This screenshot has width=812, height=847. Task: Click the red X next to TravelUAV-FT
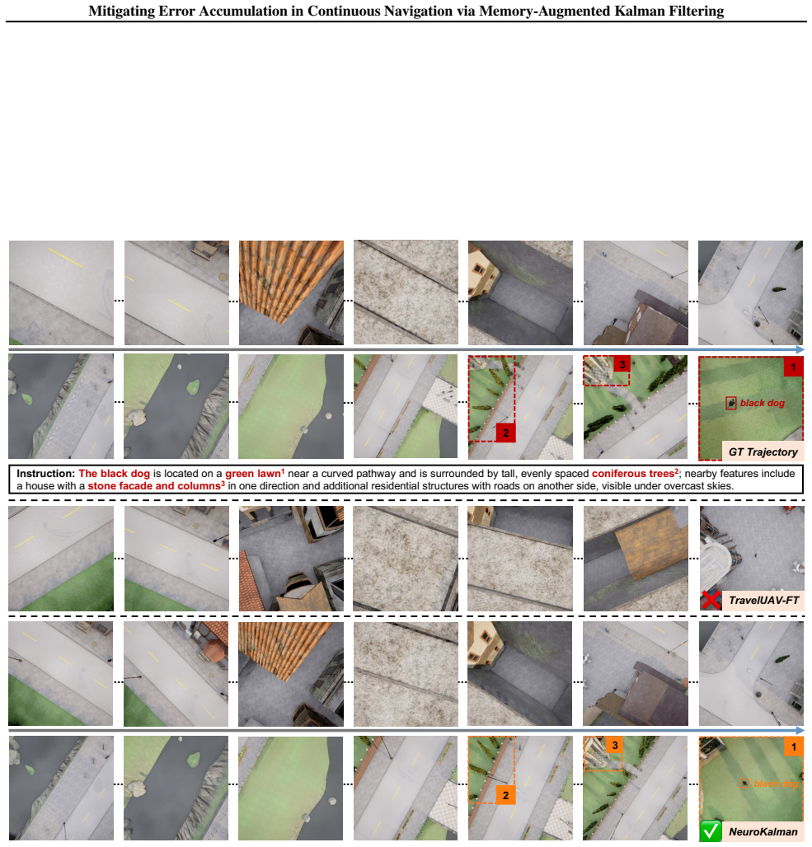[x=711, y=600]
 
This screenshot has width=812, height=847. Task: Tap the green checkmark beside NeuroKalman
[x=711, y=831]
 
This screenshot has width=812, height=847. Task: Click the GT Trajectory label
[x=763, y=452]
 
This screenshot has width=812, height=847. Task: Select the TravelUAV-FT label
[x=763, y=600]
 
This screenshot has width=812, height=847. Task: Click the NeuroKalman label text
[x=763, y=832]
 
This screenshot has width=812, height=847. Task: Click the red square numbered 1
[x=793, y=367]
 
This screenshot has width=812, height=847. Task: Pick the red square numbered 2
[x=505, y=433]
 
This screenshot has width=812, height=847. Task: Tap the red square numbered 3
[x=622, y=365]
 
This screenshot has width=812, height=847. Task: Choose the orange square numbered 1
[x=794, y=747]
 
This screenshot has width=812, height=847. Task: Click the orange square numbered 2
[x=505, y=795]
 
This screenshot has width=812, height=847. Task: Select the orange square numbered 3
[x=615, y=746]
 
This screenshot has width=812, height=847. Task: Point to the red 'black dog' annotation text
[x=763, y=403]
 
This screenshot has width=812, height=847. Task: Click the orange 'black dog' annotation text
[x=776, y=784]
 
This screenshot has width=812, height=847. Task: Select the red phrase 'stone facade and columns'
[x=154, y=485]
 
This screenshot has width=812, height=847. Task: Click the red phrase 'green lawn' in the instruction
[x=252, y=474]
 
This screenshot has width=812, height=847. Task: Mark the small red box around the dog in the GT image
[x=731, y=403]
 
